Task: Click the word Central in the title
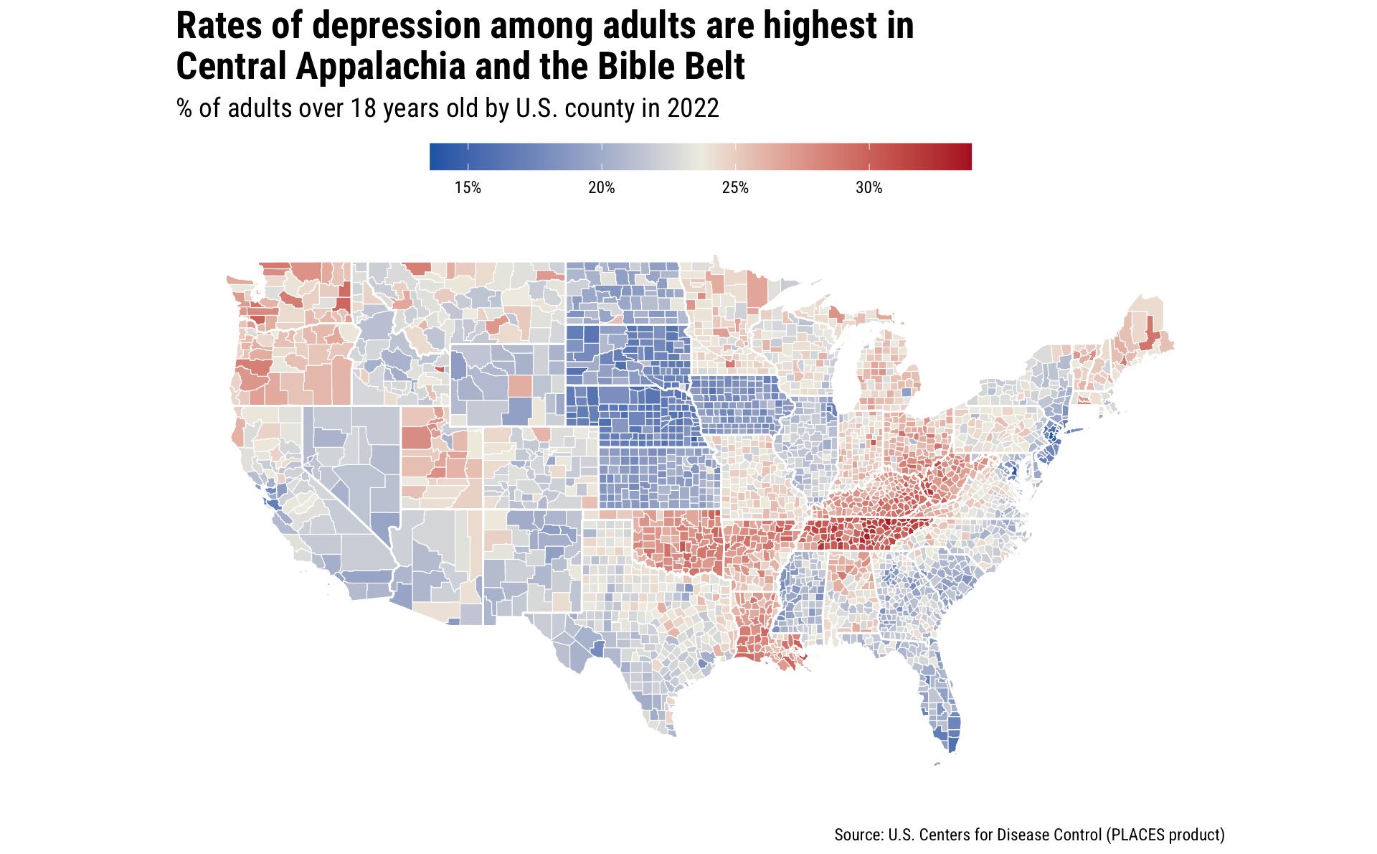point(231,67)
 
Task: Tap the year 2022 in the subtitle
point(693,108)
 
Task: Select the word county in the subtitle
point(600,108)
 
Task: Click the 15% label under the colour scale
point(468,188)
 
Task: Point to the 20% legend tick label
point(602,188)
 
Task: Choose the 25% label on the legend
point(735,188)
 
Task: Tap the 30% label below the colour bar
point(869,188)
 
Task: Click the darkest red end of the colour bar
point(967,156)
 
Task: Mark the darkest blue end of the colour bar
point(434,156)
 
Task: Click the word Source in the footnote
point(858,835)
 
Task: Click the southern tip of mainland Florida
point(950,751)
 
